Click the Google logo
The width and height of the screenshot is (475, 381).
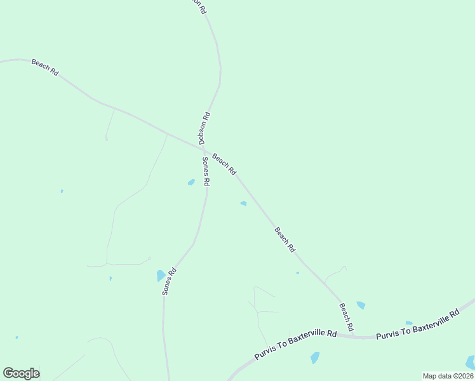[22, 373]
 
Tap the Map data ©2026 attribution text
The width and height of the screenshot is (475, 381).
[448, 376]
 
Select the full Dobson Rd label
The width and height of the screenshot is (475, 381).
[204, 129]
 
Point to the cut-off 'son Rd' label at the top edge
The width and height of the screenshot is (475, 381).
[200, 6]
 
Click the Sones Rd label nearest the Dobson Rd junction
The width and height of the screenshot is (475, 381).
[206, 171]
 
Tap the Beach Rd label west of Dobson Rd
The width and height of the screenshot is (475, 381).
[45, 68]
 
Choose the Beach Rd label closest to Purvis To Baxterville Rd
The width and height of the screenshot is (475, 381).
[346, 317]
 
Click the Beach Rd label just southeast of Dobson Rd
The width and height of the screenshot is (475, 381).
[224, 164]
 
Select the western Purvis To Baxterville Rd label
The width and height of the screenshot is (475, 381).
[295, 345]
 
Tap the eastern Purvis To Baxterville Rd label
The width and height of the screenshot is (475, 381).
[417, 324]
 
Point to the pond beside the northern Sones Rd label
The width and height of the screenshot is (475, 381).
[191, 182]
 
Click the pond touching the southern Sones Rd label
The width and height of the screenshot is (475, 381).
[161, 276]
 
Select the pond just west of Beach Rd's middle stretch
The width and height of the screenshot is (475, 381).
[243, 203]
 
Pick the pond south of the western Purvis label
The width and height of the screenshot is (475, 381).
[315, 358]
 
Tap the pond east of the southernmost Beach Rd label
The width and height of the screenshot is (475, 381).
[361, 305]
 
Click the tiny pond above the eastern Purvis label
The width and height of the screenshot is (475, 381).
[409, 323]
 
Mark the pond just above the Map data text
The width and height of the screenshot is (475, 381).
[471, 363]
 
